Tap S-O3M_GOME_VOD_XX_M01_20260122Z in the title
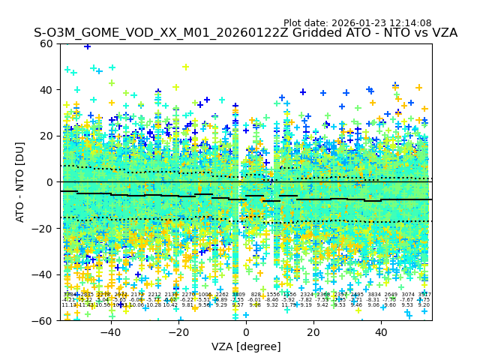[131, 34]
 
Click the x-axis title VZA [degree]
[246, 346]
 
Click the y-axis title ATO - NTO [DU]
[21, 181]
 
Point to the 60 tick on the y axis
[47, 43]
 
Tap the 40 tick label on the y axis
[47, 90]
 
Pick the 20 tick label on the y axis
[47, 136]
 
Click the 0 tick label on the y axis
[50, 182]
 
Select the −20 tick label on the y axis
[43, 228]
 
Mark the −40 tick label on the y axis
[43, 274]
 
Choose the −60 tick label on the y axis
[43, 320]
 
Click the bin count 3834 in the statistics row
[373, 295]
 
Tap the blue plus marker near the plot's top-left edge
[88, 46]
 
